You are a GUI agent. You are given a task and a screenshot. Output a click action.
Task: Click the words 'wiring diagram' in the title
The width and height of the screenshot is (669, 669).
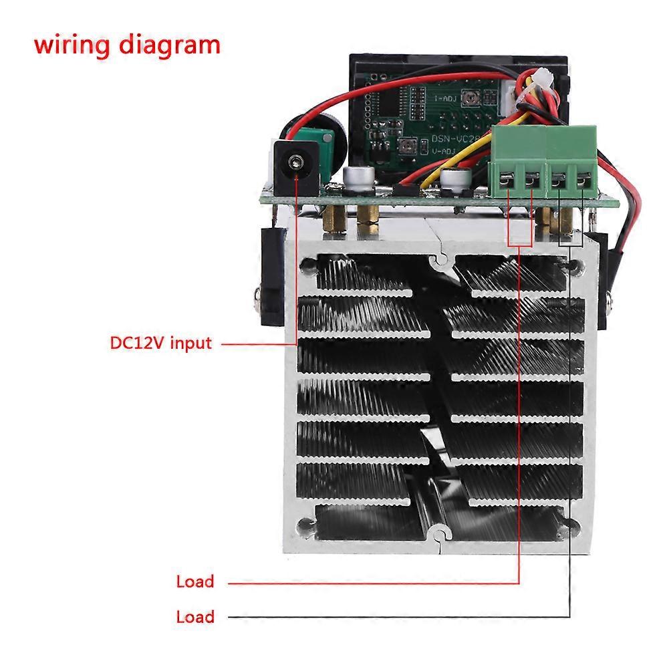pyautogui.click(x=127, y=45)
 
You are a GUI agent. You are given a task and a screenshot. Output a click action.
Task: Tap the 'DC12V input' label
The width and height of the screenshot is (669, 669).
pyautogui.click(x=160, y=344)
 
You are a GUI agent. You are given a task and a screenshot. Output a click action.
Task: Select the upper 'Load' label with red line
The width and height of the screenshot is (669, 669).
pyautogui.click(x=195, y=581)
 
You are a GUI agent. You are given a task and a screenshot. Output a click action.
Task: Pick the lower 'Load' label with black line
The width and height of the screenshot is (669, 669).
pyautogui.click(x=195, y=616)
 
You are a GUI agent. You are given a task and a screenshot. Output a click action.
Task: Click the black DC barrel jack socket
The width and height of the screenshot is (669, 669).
pyautogui.click(x=295, y=162)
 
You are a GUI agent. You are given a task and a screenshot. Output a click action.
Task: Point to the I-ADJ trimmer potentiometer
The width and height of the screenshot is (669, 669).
pyautogui.click(x=474, y=99)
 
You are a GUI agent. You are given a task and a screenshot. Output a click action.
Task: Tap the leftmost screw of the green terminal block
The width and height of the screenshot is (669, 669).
pyautogui.click(x=510, y=179)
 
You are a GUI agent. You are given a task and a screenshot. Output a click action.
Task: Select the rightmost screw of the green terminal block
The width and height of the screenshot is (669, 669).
pyautogui.click(x=583, y=179)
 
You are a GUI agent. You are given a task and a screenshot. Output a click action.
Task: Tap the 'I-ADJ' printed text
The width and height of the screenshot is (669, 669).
pyautogui.click(x=445, y=99)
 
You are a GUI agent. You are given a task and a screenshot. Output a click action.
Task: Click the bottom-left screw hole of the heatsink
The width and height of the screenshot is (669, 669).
pyautogui.click(x=307, y=526)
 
